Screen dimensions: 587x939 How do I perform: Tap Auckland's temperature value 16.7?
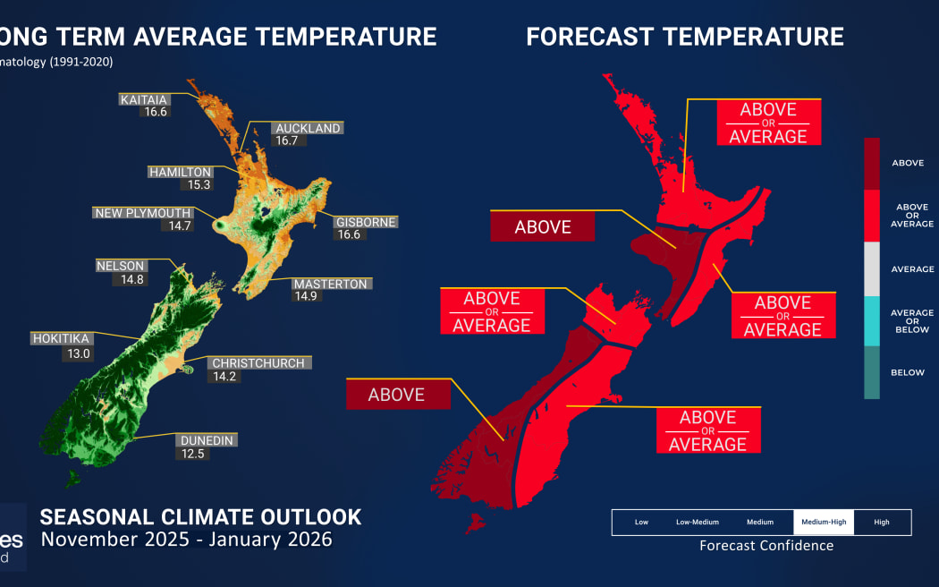coord(287,141)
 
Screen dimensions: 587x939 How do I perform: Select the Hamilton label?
coord(180,172)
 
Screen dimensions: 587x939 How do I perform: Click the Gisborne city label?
coord(366,222)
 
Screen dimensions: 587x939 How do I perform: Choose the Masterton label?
coord(331,284)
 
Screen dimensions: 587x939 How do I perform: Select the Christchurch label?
coord(258,363)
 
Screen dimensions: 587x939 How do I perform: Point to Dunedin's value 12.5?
coord(190,455)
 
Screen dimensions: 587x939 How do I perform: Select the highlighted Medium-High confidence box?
coord(823,522)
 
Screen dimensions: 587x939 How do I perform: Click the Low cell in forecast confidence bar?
coord(641,522)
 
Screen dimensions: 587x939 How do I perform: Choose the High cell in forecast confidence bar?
coord(882,522)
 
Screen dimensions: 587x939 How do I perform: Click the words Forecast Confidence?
coord(766,546)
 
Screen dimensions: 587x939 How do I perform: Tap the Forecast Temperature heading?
coord(684,36)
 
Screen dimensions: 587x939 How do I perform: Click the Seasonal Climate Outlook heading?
coord(201,517)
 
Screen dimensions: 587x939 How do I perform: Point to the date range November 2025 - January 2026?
coord(186,540)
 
